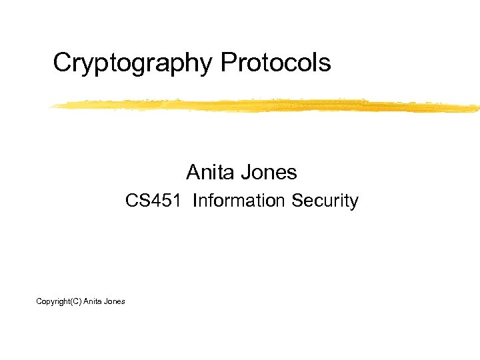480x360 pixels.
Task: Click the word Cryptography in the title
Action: click(x=133, y=63)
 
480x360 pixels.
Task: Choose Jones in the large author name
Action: click(x=271, y=173)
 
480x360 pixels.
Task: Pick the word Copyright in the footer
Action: click(x=53, y=302)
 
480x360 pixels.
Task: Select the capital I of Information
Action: click(x=194, y=201)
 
